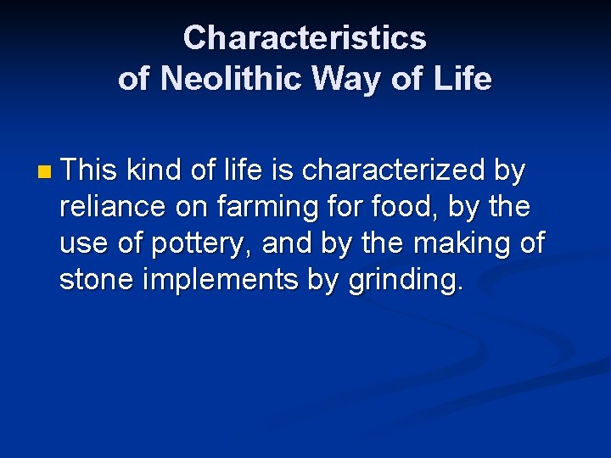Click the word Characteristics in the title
coord(305,38)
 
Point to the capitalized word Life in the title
coord(462,79)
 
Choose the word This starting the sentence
coord(89,170)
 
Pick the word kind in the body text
coord(154,170)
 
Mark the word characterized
coord(394,170)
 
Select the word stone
coord(95,280)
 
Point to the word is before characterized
coord(283,170)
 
